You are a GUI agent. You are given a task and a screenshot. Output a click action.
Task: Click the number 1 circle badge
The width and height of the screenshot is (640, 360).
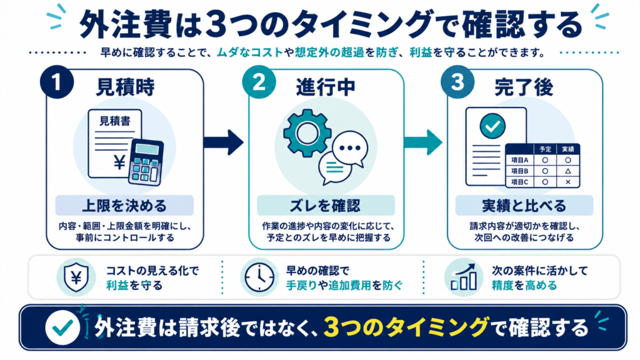[57, 82]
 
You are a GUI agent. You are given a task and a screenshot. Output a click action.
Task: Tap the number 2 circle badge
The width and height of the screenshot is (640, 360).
[259, 82]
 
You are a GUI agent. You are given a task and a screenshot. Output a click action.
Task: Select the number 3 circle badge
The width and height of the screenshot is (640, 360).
[457, 82]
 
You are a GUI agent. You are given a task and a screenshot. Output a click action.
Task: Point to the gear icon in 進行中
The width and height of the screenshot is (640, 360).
[307, 133]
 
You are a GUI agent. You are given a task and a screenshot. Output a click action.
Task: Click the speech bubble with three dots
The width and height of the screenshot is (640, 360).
[350, 149]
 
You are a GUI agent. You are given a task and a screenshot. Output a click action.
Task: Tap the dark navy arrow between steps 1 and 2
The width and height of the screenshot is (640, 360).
[223, 142]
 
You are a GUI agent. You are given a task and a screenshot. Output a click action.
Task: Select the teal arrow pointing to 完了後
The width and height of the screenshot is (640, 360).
[423, 142]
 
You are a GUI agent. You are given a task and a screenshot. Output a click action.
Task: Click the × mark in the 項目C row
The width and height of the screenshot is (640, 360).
[567, 182]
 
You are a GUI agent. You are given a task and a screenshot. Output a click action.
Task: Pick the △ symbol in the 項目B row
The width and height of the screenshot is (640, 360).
[567, 171]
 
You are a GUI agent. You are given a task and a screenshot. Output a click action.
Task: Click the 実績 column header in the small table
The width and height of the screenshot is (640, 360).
[567, 149]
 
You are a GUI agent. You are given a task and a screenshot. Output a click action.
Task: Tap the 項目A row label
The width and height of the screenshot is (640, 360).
[519, 161]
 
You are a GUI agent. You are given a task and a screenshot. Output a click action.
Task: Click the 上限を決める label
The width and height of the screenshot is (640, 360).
[124, 205]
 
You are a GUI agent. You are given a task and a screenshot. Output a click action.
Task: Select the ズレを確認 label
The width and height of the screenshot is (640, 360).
[325, 205]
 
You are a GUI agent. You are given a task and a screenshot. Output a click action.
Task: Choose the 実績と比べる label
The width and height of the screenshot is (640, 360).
[524, 205]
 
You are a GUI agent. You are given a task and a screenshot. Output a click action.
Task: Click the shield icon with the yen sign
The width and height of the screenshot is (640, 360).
[76, 277]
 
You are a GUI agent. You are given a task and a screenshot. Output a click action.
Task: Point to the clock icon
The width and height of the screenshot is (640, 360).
[259, 277]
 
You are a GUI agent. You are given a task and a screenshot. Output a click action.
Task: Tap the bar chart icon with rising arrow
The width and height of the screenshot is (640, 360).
[464, 277]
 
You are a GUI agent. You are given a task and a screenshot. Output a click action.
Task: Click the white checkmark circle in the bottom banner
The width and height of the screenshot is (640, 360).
[62, 327]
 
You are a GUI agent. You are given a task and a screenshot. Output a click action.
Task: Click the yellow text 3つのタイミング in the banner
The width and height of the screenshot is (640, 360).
[406, 327]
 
